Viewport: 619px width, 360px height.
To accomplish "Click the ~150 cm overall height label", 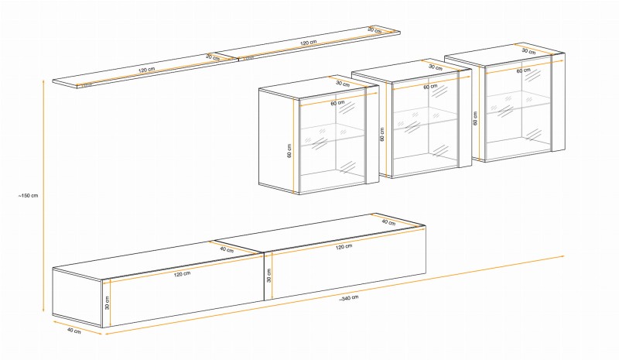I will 29,195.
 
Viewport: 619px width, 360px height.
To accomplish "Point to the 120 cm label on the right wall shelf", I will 309,43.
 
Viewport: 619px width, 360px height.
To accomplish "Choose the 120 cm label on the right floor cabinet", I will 344,247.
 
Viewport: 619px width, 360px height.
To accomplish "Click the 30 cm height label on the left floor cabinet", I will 108,301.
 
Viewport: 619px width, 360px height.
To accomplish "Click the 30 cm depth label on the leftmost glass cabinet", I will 344,84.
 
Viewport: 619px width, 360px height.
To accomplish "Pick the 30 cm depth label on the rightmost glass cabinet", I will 529,51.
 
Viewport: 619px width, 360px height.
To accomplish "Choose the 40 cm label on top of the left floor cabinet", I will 226,249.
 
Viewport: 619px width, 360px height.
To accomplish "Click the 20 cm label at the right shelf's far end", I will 374,29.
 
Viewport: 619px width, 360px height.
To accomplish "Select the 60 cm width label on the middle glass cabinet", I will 429,87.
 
